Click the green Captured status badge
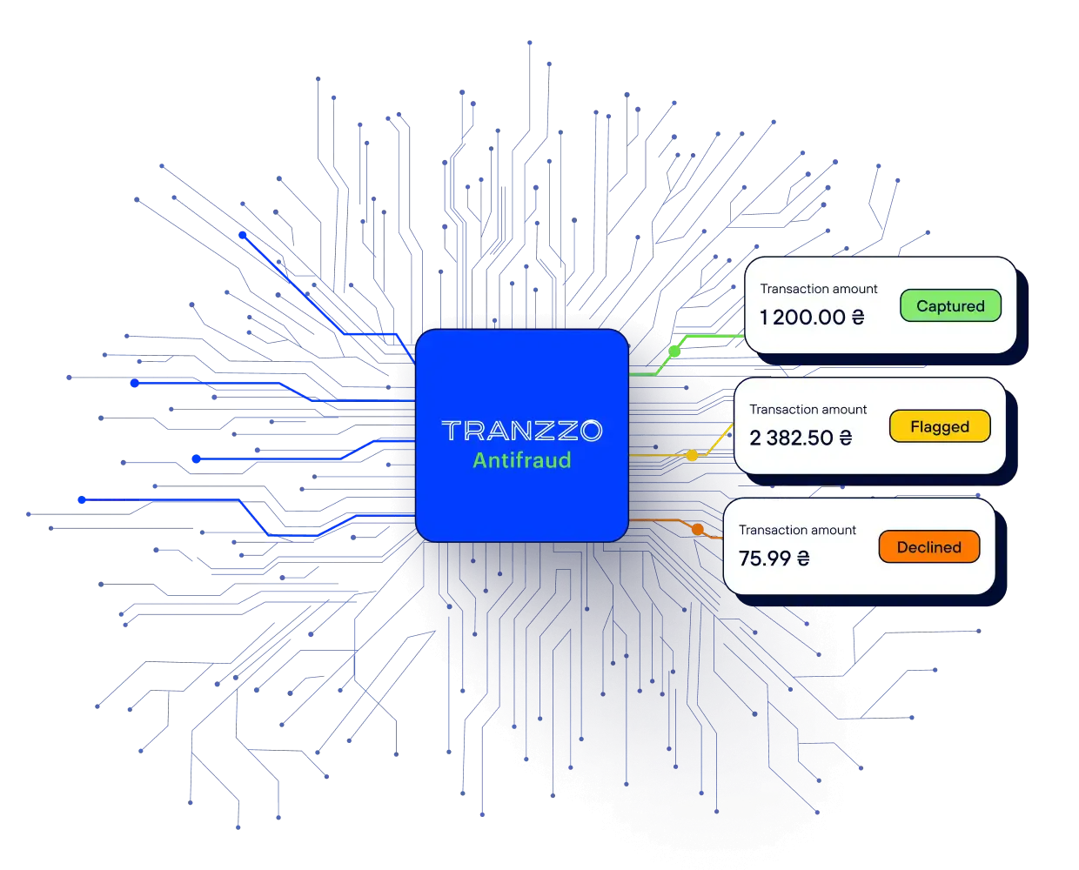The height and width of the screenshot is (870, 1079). point(950,305)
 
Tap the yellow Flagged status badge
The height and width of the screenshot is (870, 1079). point(940,426)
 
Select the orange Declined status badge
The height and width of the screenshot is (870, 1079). point(929,546)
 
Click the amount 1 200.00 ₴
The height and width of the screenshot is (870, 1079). point(812,317)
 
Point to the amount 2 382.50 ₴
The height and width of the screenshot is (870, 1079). point(801,438)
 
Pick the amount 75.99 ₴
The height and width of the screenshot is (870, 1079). point(774,558)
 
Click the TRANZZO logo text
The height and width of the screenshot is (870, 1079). point(522,431)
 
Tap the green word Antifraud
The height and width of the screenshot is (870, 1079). point(522,460)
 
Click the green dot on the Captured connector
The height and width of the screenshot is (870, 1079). point(674,351)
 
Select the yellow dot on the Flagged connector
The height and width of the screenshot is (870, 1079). point(692,455)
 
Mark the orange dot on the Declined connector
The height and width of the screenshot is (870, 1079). point(698,529)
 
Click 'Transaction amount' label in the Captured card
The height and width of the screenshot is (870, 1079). point(819,289)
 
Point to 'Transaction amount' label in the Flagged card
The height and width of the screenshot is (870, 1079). point(808,409)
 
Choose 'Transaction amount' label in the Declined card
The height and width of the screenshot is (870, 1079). point(798,530)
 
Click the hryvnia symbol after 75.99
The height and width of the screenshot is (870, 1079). point(803,558)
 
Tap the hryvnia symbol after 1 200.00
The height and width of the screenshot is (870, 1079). point(858,317)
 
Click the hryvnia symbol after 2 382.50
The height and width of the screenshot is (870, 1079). point(846,438)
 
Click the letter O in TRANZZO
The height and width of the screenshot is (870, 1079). point(592,431)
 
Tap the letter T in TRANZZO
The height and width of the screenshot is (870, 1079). point(452,431)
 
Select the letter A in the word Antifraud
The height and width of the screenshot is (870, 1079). point(480,460)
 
